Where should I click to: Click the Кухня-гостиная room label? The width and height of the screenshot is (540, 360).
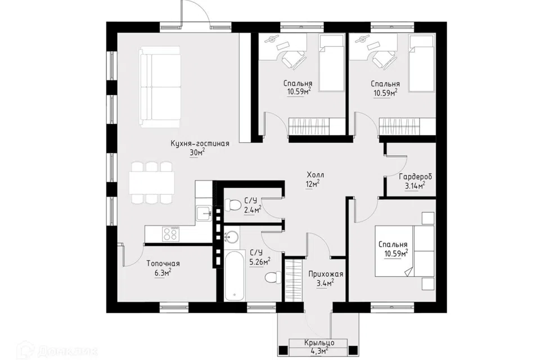pos(200,143)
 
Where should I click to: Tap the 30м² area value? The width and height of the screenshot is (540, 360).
pos(197,152)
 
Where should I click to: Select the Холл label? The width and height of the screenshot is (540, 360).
pos(315,175)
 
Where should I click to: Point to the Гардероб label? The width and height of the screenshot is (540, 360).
pos(415,177)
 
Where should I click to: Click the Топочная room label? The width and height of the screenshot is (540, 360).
pos(163,264)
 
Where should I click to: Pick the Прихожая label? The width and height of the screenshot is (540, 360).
pos(326,274)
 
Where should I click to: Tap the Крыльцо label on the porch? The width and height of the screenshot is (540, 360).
pos(319,343)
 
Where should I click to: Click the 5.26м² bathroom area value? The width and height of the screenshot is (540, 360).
pos(260,262)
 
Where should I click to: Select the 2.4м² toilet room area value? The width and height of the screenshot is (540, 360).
pos(253,209)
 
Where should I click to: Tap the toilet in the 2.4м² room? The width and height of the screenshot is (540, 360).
pos(232,205)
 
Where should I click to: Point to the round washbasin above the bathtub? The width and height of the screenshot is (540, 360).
pos(231,237)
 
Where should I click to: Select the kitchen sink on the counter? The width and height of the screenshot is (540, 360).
pos(204,213)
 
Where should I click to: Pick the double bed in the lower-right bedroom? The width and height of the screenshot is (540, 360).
pos(404,251)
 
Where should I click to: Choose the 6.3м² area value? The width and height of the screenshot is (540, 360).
pos(163,273)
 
